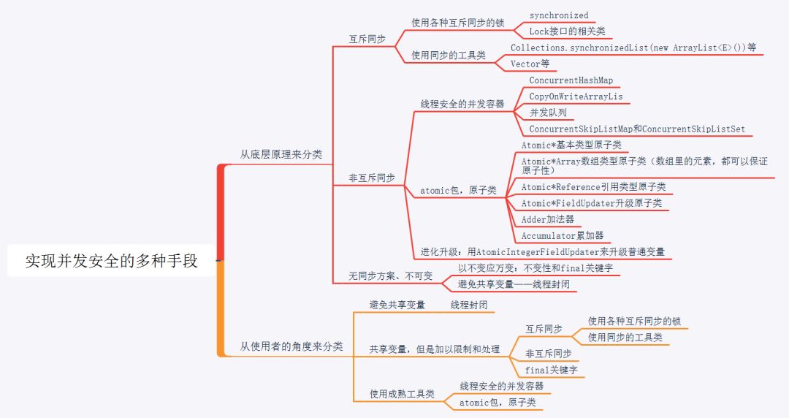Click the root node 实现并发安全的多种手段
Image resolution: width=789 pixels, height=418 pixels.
point(112,261)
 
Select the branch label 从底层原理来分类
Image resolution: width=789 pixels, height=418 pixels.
point(281,154)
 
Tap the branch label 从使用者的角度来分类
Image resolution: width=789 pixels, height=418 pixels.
point(291,346)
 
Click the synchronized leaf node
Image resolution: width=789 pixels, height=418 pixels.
point(559,15)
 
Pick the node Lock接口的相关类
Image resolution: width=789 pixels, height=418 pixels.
point(566,31)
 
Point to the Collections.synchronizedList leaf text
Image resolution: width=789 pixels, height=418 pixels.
point(633,47)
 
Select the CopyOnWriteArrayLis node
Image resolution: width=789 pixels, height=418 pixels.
point(576,96)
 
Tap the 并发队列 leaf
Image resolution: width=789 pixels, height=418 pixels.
point(548,113)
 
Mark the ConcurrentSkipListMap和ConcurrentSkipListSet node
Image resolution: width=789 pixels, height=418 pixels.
point(637,129)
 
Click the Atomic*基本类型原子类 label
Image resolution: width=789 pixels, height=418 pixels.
point(571,145)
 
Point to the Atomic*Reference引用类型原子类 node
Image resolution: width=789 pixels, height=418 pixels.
point(593,187)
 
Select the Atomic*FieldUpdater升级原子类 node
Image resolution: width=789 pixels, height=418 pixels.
point(592,203)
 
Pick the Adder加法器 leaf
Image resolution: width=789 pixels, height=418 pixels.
point(548,219)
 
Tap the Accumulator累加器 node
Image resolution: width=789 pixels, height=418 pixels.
point(563,235)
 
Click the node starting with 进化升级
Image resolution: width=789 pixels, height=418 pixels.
point(542,251)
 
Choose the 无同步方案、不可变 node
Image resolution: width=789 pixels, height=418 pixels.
point(390,275)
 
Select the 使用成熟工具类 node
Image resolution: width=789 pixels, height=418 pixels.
point(402,394)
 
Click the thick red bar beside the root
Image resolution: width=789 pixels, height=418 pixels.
point(221,212)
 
